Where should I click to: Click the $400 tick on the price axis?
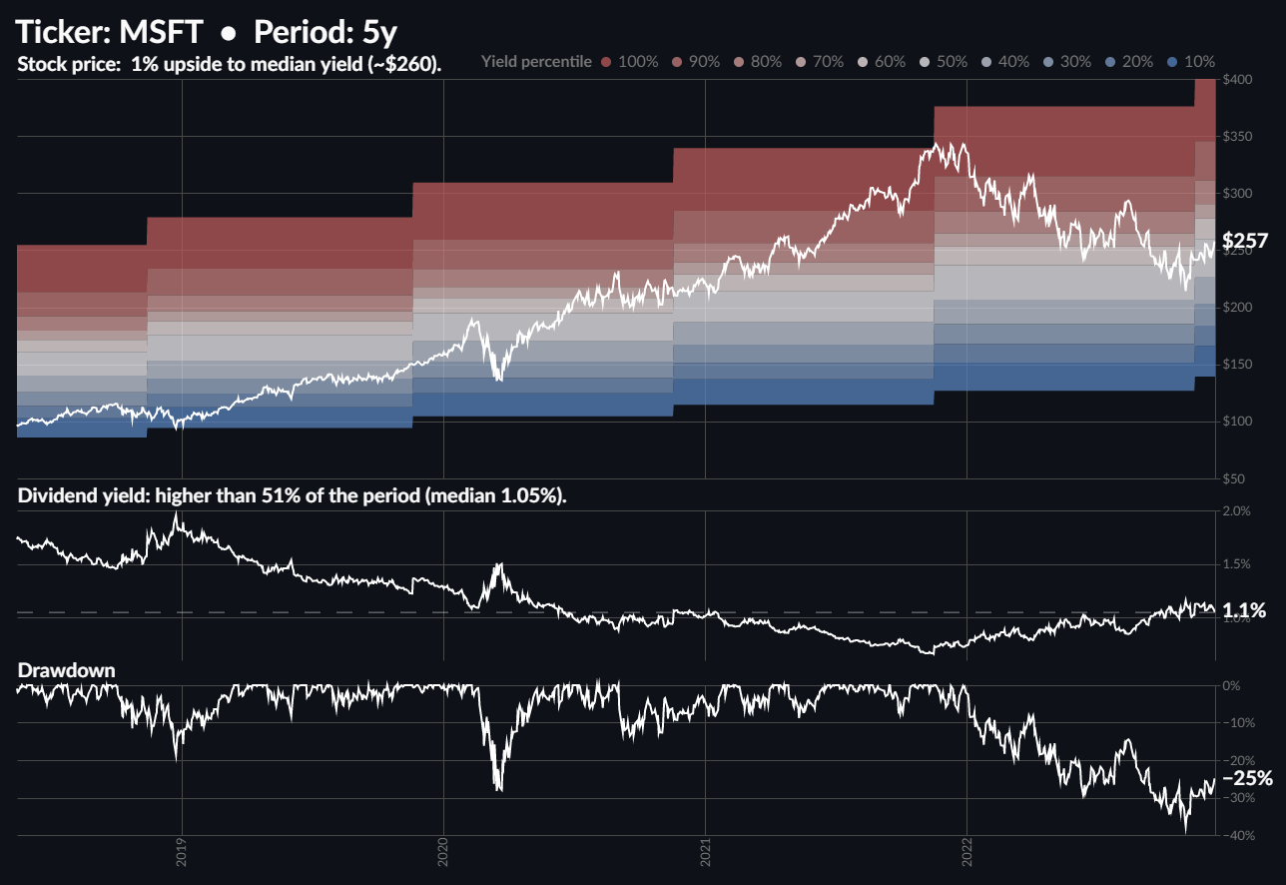point(1238,79)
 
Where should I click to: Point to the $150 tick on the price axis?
point(1238,365)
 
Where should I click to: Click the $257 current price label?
point(1244,241)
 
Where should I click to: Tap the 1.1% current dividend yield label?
point(1245,610)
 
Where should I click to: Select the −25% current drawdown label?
point(1247,778)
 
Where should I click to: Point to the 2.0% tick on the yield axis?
point(1237,511)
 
